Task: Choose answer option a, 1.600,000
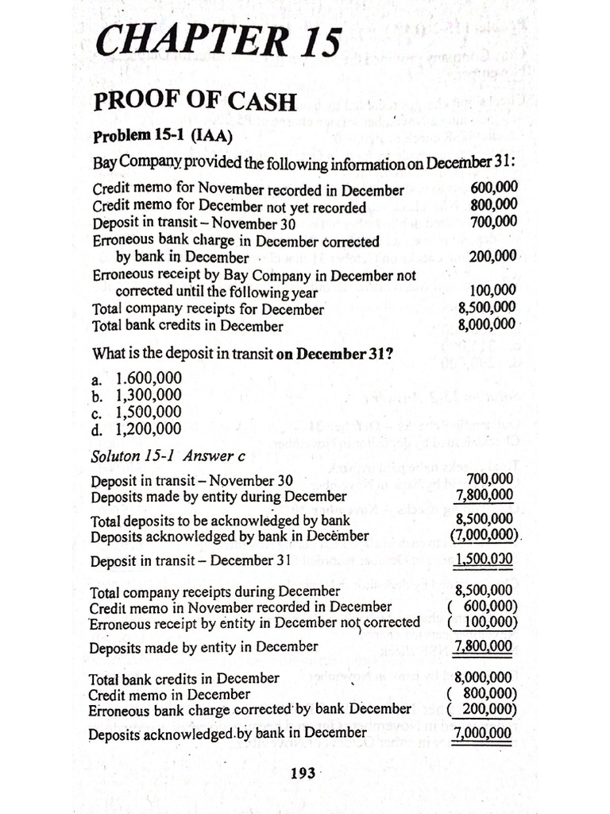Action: (x=137, y=378)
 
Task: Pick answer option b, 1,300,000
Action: (x=137, y=395)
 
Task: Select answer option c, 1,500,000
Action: (x=137, y=413)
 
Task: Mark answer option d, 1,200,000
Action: (x=137, y=430)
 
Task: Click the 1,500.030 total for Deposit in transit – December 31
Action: (x=484, y=559)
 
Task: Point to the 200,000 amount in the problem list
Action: (x=492, y=256)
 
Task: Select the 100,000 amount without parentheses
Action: (x=492, y=291)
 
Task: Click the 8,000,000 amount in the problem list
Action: (x=487, y=324)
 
